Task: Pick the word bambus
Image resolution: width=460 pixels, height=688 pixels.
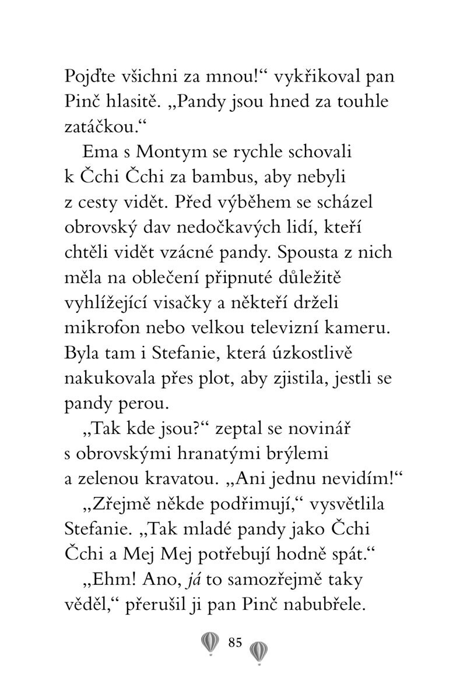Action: [x=222, y=177]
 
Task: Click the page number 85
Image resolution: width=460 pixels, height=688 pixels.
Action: [x=235, y=643]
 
